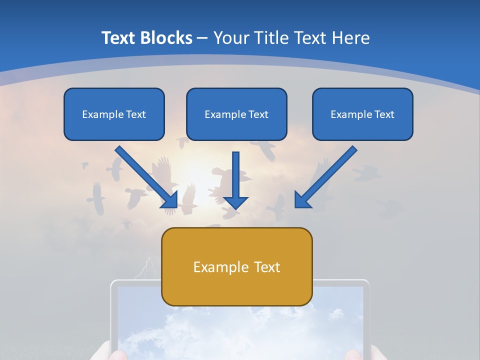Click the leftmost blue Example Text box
114,114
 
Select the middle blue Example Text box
236,114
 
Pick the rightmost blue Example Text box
362,114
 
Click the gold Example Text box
236,267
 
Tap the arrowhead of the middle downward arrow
235,202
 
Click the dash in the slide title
202,38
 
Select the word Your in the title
230,38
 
